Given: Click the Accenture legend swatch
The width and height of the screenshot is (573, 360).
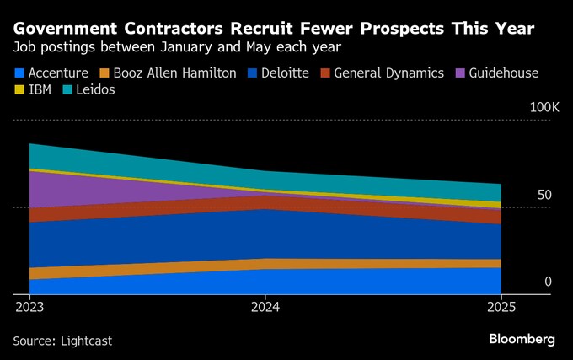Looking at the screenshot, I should coord(19,73).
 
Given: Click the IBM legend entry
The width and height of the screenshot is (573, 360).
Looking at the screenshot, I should coord(40,89).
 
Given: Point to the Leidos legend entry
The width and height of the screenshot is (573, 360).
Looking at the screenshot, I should coord(96,89).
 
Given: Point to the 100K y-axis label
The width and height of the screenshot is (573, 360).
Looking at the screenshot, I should coord(544,108).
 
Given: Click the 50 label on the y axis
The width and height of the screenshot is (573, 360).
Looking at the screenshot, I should coord(544,195).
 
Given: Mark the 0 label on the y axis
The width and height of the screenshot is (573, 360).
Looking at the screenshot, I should coord(548,282).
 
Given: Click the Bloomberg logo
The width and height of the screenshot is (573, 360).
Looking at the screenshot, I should coord(522,339).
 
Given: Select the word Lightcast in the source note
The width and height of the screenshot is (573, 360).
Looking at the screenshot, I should coord(86,341).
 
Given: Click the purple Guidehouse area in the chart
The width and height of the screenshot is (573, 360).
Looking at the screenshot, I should coord(76,191).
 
